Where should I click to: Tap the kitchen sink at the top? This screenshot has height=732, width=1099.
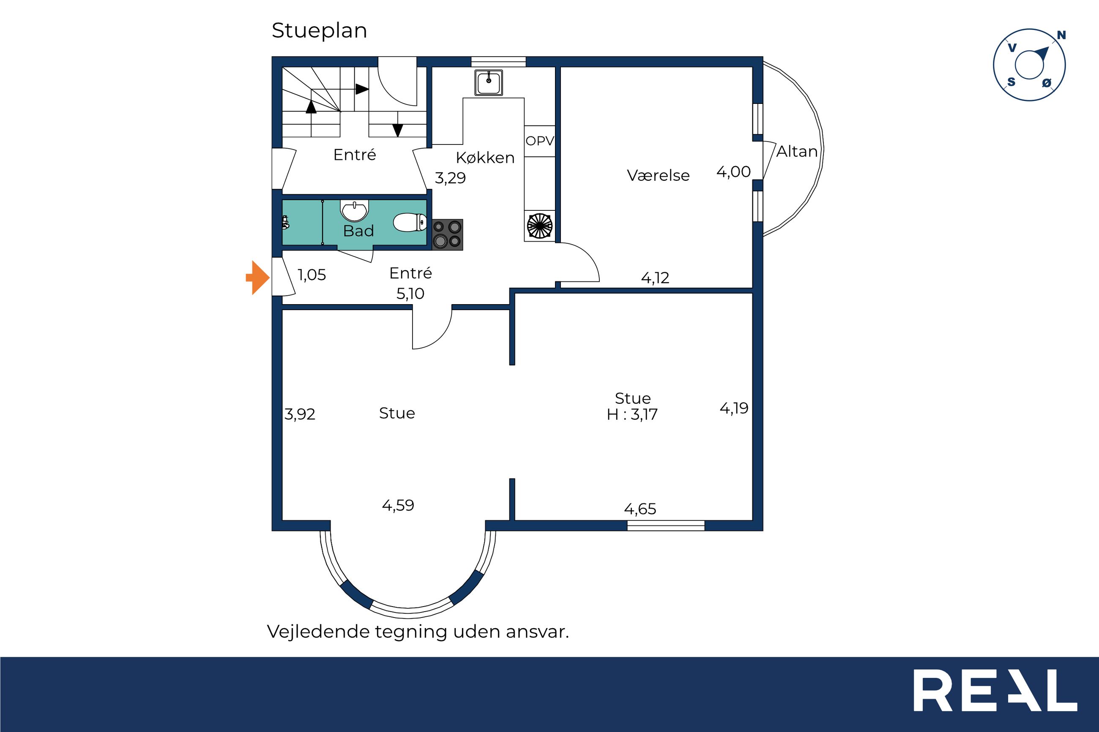tap(489, 83)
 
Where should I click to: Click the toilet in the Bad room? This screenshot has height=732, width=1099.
tap(410, 223)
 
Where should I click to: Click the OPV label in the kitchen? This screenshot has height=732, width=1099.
tap(540, 141)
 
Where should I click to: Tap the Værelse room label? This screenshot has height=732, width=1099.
tap(658, 176)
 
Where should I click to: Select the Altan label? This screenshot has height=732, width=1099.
tap(797, 152)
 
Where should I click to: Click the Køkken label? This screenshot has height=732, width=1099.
tap(485, 158)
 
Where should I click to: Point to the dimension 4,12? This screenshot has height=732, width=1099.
tap(655, 278)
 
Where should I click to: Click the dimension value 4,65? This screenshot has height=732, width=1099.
tap(640, 509)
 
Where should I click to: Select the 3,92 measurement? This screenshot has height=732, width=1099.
tap(300, 414)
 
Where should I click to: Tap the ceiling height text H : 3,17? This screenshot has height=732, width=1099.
tap(632, 414)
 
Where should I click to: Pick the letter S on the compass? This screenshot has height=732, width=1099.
tap(1011, 82)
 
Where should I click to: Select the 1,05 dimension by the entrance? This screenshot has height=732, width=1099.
tap(312, 275)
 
